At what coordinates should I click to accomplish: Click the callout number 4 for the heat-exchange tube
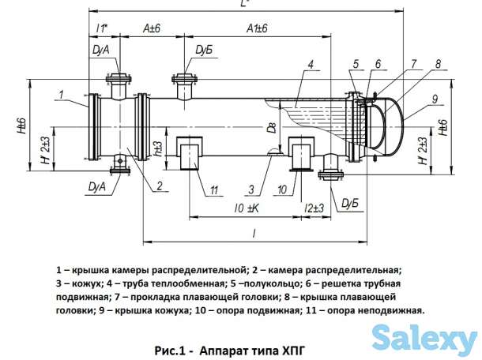click(311, 65)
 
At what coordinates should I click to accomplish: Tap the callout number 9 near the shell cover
click(435, 99)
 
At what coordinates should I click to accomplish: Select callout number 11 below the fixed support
click(214, 190)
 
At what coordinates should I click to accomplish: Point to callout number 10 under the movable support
click(282, 189)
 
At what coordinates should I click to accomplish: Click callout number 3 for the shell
click(251, 189)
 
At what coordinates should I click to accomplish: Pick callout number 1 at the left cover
click(61, 94)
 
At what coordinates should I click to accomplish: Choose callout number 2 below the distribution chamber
click(160, 186)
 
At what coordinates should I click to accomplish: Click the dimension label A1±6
click(257, 28)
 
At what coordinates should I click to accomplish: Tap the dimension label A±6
click(152, 28)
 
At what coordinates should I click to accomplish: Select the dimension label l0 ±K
click(247, 208)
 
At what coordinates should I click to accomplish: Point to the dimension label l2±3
click(314, 208)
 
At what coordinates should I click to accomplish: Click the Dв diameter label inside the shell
click(272, 127)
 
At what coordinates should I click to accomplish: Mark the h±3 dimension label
click(158, 149)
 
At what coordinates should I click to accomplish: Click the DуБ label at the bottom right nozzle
click(350, 204)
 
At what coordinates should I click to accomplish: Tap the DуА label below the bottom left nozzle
click(96, 186)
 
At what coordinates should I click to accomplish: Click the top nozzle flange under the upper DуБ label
click(184, 79)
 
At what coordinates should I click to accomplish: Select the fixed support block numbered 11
click(190, 153)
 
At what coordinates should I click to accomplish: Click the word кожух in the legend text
click(87, 283)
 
